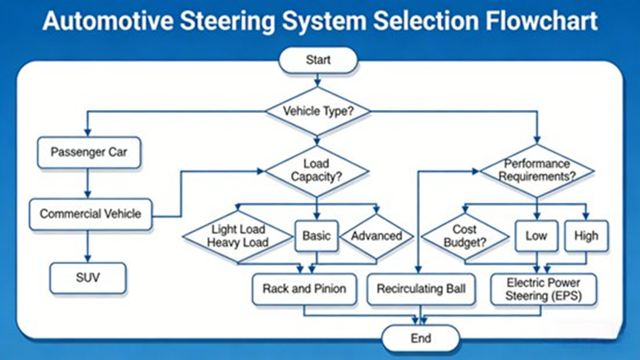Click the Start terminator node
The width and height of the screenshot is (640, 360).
(x=318, y=60)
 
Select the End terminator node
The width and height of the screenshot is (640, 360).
(x=420, y=338)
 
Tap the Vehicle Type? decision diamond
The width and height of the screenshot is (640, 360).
(x=318, y=112)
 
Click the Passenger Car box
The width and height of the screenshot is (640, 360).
(x=89, y=153)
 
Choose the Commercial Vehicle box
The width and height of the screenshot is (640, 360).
(x=90, y=213)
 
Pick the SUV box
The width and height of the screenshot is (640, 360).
(x=88, y=279)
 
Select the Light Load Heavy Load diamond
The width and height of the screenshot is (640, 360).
(x=238, y=237)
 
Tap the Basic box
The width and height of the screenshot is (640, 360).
(x=317, y=236)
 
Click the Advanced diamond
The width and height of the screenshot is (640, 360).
(x=376, y=236)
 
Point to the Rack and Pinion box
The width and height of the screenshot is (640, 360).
(x=305, y=288)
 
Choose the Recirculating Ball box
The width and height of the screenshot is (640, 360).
(x=421, y=288)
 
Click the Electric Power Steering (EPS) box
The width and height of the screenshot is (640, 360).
(x=543, y=288)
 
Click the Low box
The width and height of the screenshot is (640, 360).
(x=536, y=236)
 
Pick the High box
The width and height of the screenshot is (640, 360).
(x=586, y=236)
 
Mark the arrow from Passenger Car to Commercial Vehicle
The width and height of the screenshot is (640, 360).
(x=88, y=183)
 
